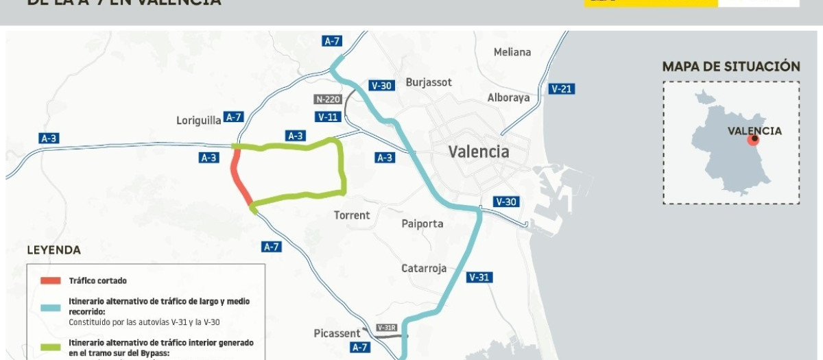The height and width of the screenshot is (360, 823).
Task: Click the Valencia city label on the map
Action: tap(479, 152)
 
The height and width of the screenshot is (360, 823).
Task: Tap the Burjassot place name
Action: tap(429, 82)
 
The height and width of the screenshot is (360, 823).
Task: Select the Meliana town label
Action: tap(512, 52)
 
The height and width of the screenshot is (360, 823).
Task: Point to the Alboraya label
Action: tap(508, 97)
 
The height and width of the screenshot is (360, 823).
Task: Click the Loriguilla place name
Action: tap(199, 120)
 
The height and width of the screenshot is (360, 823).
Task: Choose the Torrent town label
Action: tap(352, 215)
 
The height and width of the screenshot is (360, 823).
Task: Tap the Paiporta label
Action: tap(422, 224)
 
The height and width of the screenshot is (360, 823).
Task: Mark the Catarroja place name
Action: tap(424, 268)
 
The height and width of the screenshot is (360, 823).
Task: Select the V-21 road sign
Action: tap(562, 88)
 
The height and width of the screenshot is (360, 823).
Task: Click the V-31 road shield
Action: tap(479, 278)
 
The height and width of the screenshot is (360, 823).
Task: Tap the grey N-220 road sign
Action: tap(328, 99)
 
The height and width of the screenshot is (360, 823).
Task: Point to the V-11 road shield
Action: tap(329, 117)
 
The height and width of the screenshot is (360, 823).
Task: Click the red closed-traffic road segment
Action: tap(240, 178)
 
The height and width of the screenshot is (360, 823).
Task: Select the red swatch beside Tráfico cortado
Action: tap(51, 280)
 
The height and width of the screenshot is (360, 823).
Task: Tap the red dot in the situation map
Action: tap(753, 139)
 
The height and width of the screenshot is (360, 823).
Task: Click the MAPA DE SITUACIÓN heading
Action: tap(731, 67)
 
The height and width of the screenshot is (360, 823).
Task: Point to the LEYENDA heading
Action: tap(53, 250)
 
